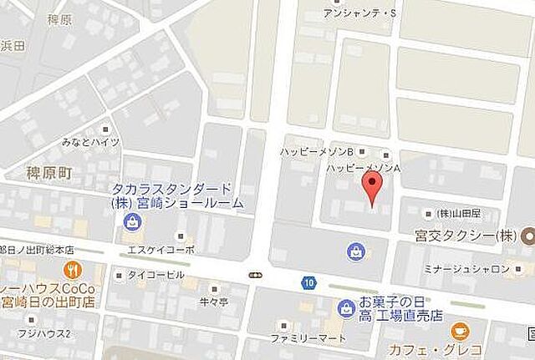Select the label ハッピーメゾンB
pyautogui.click(x=317, y=151)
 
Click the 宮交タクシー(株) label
pyautogui.click(x=472, y=236)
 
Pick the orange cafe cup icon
pyautogui.click(x=459, y=331)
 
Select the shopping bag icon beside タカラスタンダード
pyautogui.click(x=132, y=221)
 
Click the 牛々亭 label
pyautogui.click(x=212, y=301)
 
